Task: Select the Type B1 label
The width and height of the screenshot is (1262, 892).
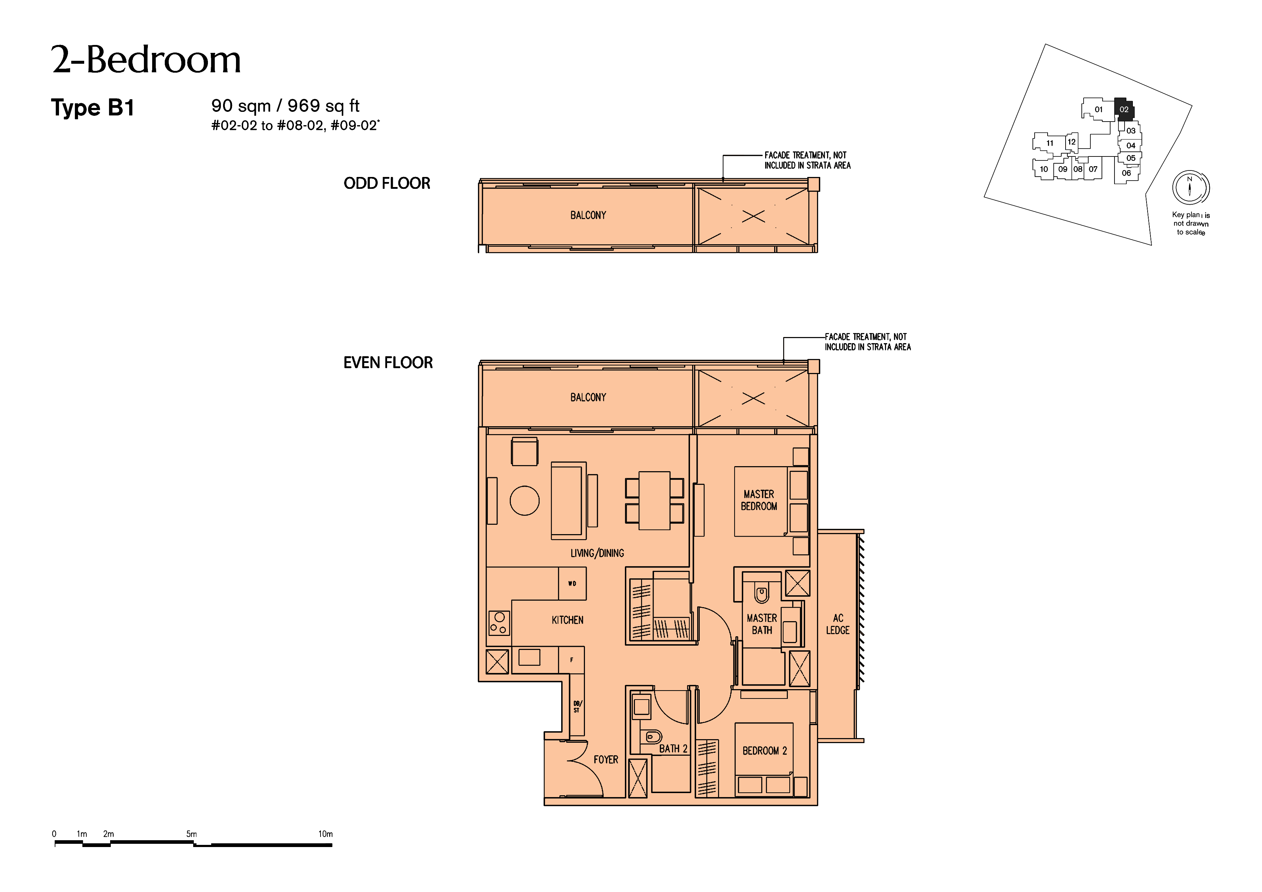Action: (92, 108)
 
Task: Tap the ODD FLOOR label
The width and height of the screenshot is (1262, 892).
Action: (387, 183)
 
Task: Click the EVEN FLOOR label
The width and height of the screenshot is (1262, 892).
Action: (388, 363)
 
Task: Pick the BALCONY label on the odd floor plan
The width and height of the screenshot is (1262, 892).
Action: (588, 215)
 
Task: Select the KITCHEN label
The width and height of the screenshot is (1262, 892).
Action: (568, 620)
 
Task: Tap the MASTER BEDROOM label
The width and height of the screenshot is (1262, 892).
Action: (759, 500)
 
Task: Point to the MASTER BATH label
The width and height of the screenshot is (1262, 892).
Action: (762, 624)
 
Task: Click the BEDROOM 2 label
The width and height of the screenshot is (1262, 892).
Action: (764, 751)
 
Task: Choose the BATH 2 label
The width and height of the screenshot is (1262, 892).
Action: (673, 748)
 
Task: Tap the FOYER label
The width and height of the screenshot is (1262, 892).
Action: (606, 760)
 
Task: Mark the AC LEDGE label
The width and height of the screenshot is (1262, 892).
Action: (837, 624)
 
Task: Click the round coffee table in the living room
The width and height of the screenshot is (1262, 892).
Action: (525, 501)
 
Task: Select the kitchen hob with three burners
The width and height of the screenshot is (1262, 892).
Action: (499, 623)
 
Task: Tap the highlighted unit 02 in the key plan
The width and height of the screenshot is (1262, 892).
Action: (1124, 109)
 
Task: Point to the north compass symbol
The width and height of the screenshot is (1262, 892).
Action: (1190, 187)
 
